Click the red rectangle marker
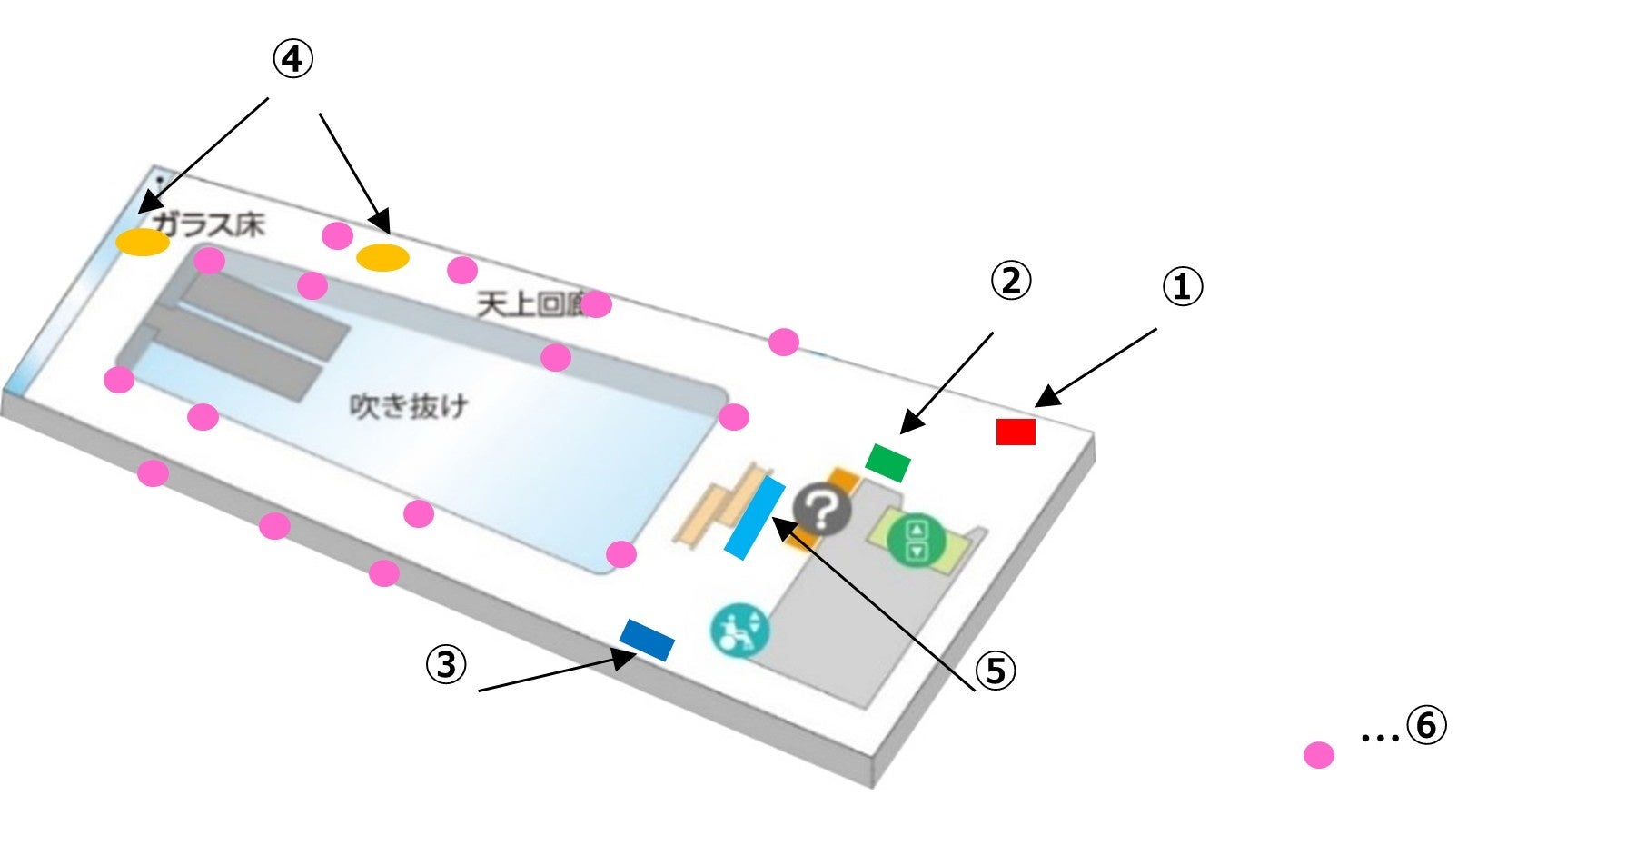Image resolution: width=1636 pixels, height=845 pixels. pos(1016,432)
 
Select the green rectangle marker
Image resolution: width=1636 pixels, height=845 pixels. pos(887,462)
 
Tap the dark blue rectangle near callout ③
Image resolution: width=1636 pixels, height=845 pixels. pos(647,640)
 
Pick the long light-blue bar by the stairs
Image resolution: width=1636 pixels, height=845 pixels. pos(755,518)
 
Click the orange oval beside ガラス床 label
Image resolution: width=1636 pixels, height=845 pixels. pos(143,243)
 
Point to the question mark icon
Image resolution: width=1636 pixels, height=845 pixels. pos(822,512)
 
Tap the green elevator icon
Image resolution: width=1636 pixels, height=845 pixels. pos(916,540)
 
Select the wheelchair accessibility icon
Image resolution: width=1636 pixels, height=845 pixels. pos(739,629)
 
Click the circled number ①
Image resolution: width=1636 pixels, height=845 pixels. pos(1183,288)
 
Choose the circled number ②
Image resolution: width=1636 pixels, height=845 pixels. pos(1011,281)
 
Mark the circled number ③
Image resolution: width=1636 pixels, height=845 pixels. pos(446,665)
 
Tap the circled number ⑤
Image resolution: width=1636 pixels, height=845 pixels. pos(996,671)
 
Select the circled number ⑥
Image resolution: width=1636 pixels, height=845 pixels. pos(1426,726)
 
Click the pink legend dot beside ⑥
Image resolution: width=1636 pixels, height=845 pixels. pos(1318,755)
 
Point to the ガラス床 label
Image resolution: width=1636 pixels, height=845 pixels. pos(209,224)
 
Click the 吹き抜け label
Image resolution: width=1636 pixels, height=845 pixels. pos(409,406)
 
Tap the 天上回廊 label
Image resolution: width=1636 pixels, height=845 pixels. pos(531,305)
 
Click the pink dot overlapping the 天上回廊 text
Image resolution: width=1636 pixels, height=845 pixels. pos(596,305)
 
